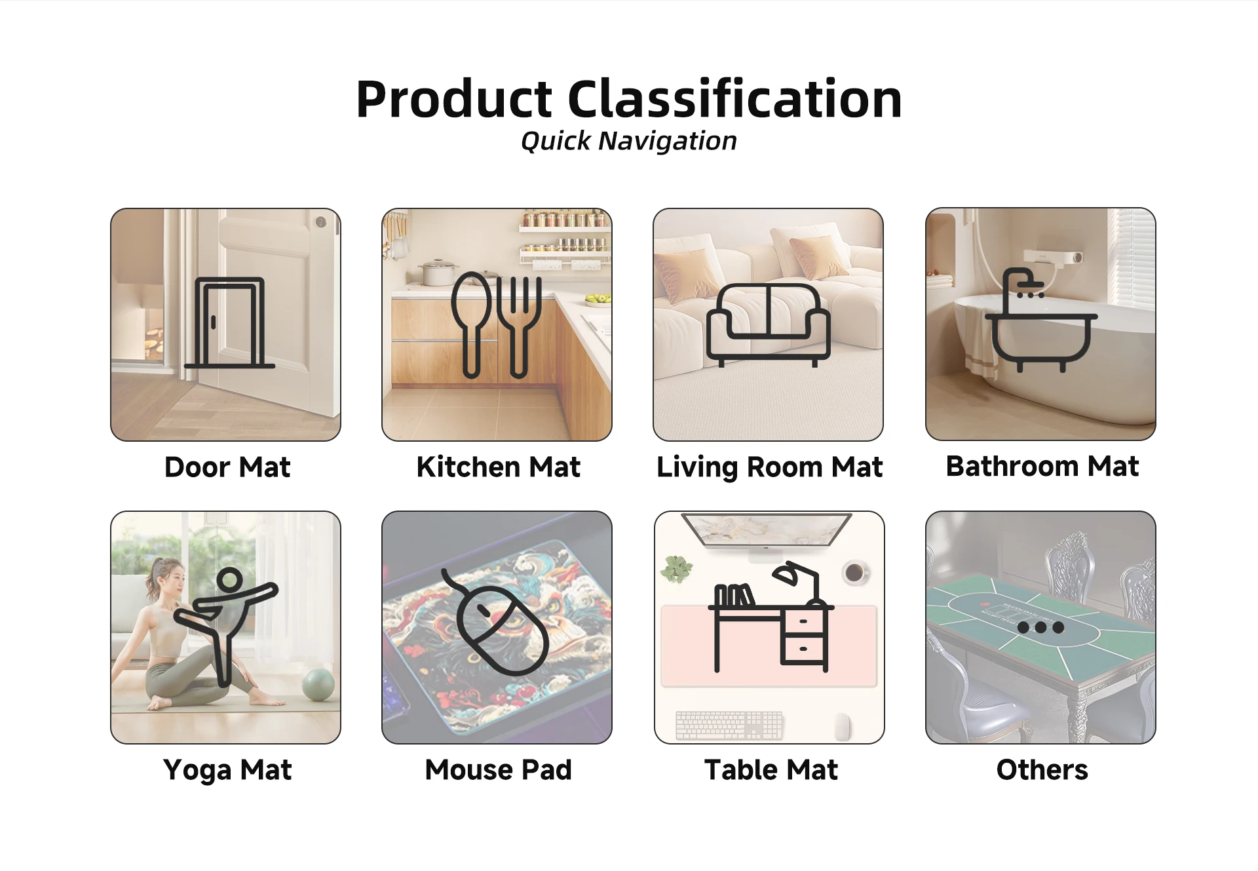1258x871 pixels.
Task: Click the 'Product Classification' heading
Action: (629, 99)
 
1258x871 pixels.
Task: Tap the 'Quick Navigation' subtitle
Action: (629, 141)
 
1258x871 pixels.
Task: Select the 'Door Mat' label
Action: (227, 467)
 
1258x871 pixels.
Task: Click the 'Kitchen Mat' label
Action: (498, 467)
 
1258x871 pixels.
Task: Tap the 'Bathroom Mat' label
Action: (1042, 466)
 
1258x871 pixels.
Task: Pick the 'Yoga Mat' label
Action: (227, 770)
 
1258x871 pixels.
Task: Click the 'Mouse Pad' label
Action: (498, 770)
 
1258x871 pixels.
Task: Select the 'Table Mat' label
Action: (771, 770)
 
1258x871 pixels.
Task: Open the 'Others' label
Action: (1042, 770)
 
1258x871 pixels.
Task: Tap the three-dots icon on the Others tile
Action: (1040, 627)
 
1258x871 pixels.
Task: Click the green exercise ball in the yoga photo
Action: (318, 684)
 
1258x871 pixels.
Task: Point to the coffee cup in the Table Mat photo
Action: (854, 573)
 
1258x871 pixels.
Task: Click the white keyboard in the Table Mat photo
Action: (729, 726)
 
